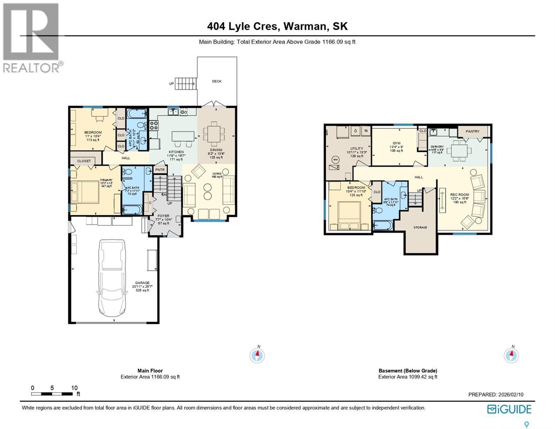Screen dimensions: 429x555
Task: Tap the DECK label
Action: tap(217, 81)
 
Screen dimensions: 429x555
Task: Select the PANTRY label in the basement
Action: tap(472, 131)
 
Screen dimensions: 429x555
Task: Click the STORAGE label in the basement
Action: tap(420, 227)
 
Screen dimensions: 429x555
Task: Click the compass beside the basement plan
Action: tap(511, 355)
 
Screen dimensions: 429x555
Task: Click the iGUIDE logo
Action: tap(509, 409)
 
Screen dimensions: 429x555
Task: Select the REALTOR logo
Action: tap(31, 38)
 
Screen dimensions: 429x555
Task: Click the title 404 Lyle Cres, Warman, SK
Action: tap(277, 26)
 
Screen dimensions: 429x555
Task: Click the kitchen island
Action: tap(183, 136)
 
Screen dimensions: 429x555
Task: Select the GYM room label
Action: tap(396, 143)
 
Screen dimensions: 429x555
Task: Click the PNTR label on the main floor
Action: tap(160, 169)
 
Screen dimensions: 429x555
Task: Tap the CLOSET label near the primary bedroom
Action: tap(84, 161)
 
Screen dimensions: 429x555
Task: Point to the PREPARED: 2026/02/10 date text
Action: tap(496, 395)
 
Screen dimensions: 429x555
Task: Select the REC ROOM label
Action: tap(460, 195)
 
